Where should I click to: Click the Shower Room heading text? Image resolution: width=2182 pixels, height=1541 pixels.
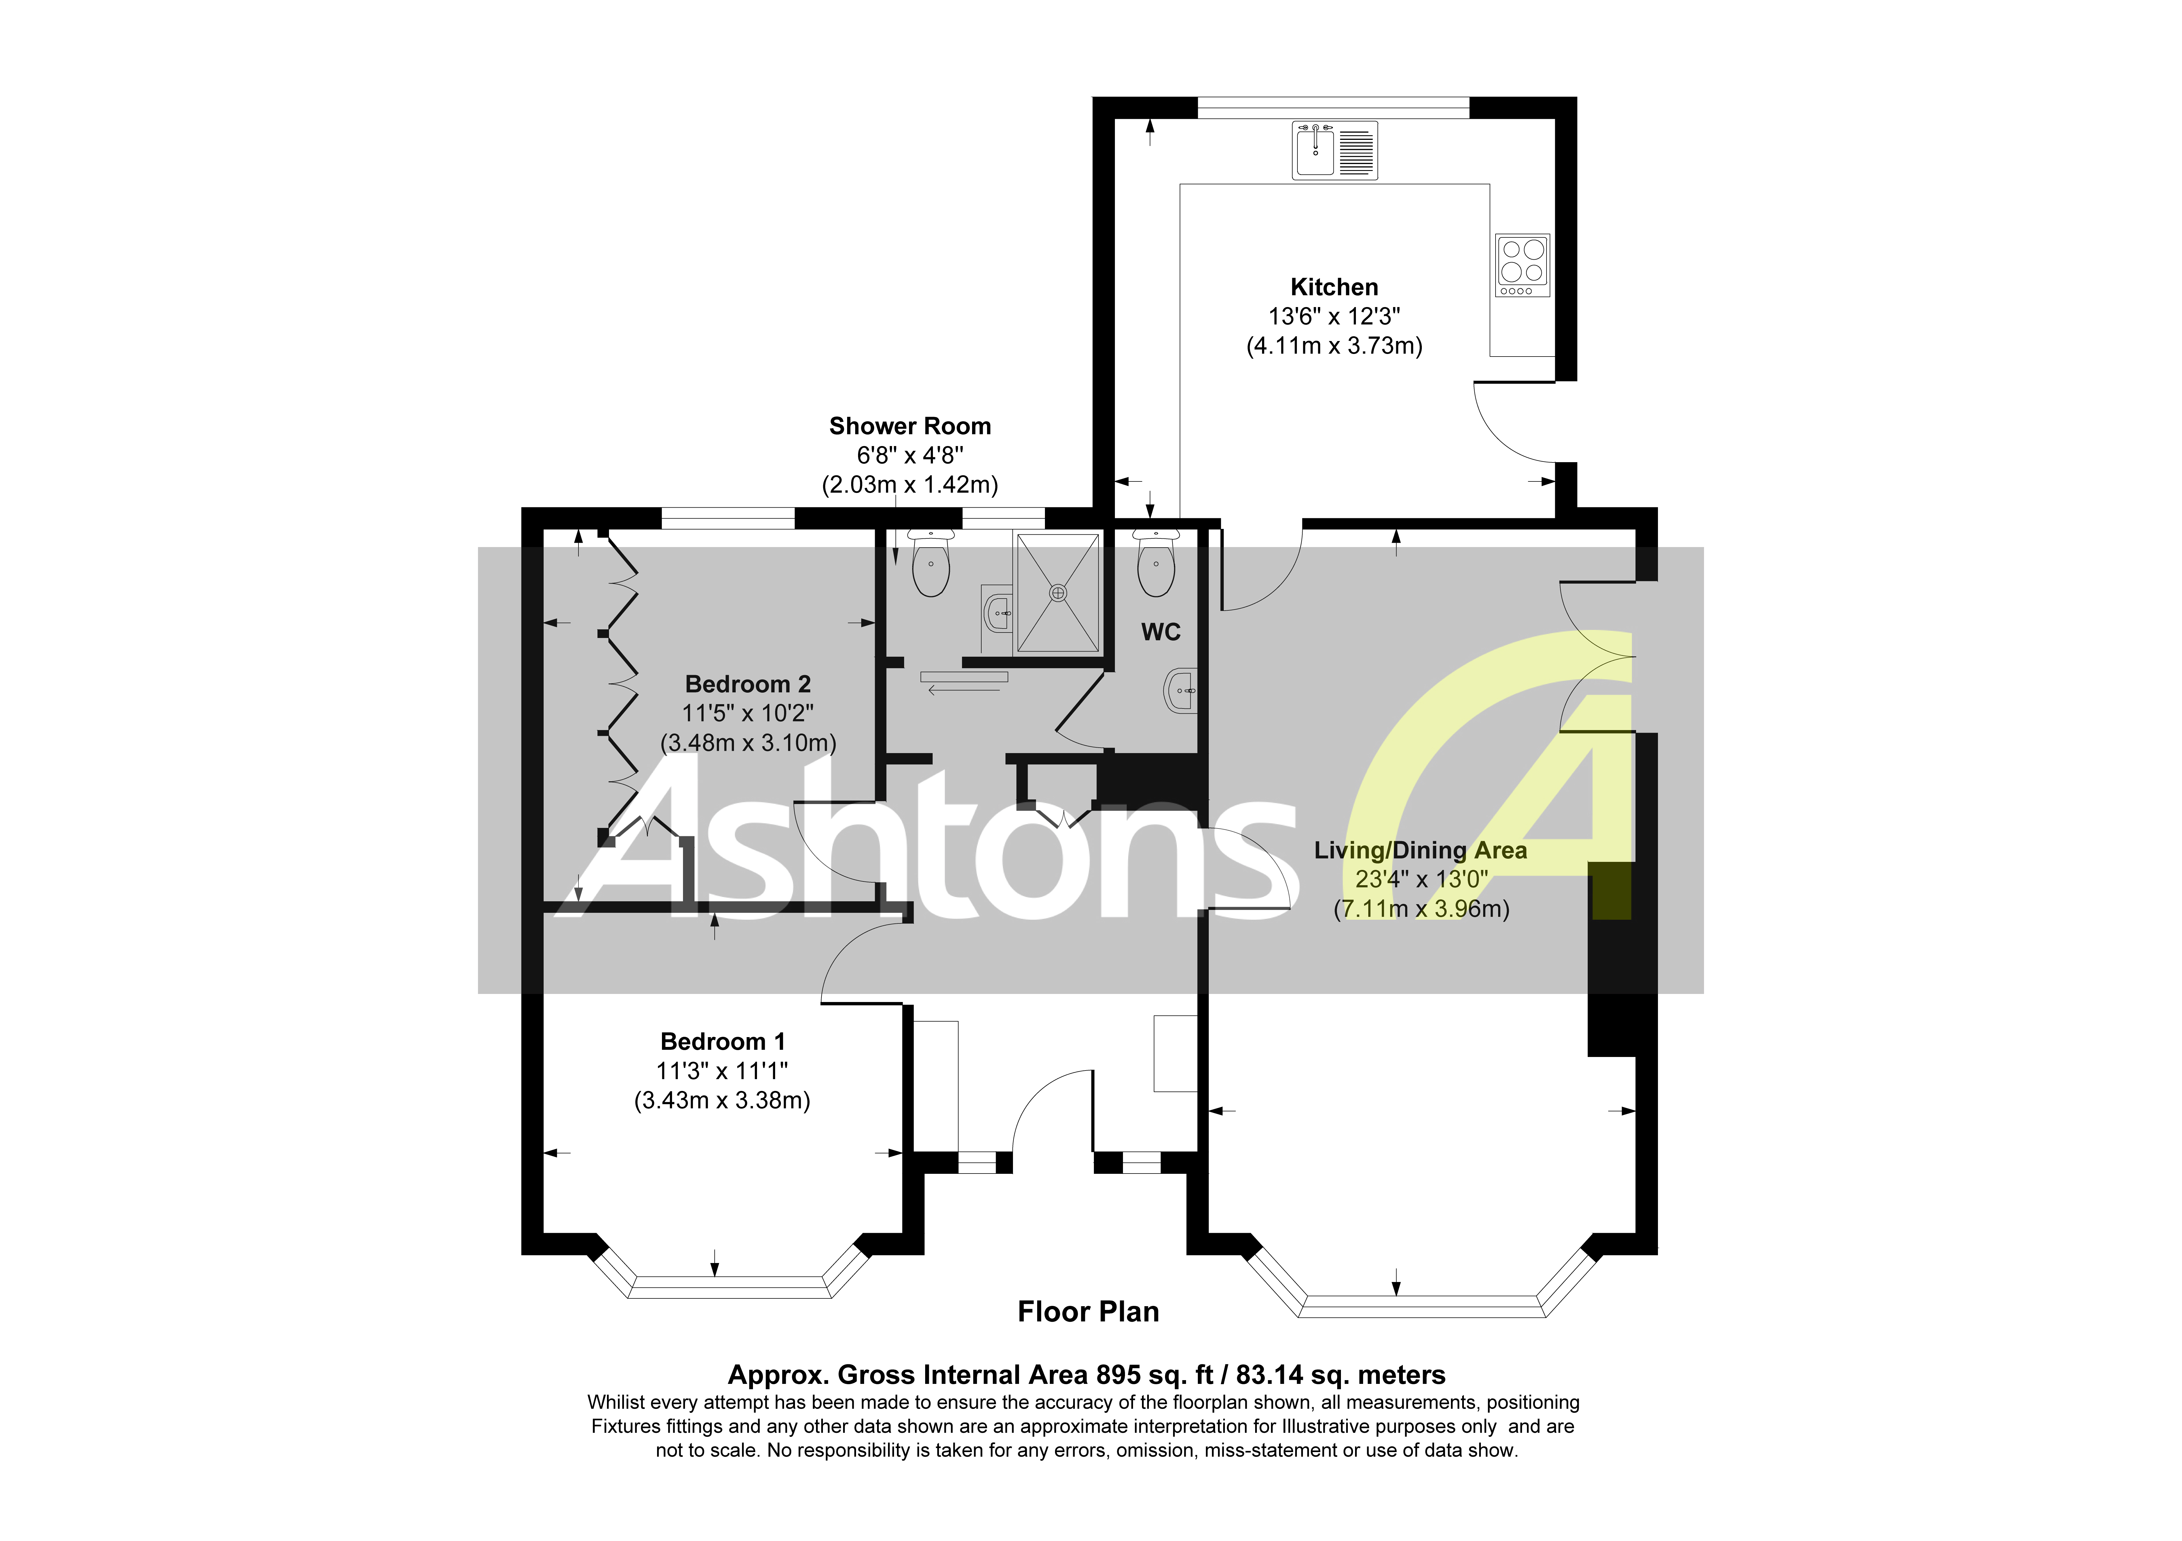(910, 426)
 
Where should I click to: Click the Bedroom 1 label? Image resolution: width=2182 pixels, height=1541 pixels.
(722, 1042)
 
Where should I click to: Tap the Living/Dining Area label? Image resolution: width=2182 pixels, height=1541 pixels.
(1420, 850)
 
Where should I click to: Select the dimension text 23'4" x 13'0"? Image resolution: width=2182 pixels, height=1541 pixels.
(1420, 880)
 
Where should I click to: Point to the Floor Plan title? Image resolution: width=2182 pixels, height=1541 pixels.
(1088, 1312)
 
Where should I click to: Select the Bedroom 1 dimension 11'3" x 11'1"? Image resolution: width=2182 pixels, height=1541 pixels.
(722, 1072)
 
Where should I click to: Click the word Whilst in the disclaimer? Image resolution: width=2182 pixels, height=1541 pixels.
(615, 1402)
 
